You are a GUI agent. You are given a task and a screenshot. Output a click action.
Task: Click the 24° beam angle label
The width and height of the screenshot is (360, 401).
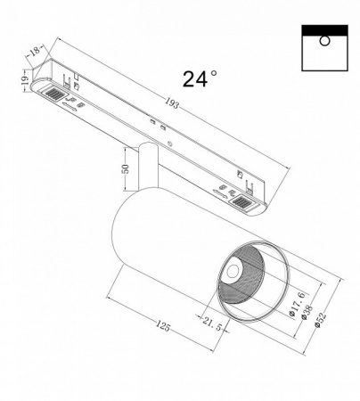coord(200,78)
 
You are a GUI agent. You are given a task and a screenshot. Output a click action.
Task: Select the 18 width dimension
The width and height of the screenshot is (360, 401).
coord(35,54)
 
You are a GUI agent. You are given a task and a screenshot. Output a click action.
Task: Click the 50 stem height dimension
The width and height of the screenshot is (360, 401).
coord(126,168)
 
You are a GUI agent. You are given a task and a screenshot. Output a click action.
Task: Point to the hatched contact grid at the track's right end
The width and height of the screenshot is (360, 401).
coord(242,206)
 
